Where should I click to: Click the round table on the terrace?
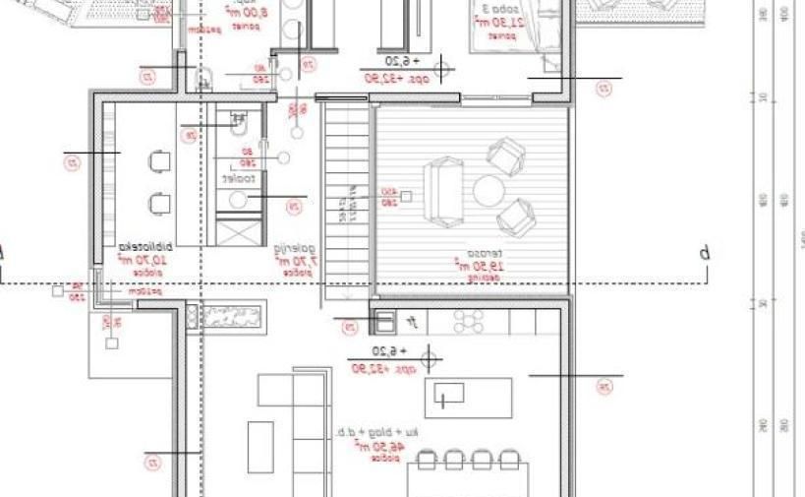click(x=489, y=189)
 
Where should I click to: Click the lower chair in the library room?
click(x=160, y=203)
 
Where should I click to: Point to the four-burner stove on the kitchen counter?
click(x=469, y=321)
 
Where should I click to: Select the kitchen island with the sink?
click(x=468, y=397)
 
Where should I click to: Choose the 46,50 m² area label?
click(x=374, y=446)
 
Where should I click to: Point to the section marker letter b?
click(x=704, y=254)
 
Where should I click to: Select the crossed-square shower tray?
click(x=238, y=233)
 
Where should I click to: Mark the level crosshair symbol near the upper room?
click(x=444, y=68)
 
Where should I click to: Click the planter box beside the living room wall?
click(x=232, y=315)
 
